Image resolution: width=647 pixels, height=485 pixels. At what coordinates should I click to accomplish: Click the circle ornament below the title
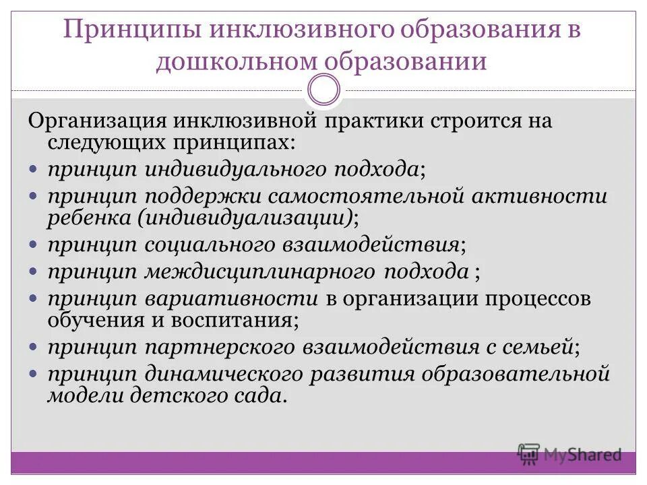coord(323,90)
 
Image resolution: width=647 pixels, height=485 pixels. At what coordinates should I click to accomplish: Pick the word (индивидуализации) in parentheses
coord(246,217)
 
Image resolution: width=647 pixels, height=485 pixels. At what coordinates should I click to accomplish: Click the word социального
coord(207,244)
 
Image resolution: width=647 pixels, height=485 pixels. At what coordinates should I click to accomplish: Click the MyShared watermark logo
coord(569,453)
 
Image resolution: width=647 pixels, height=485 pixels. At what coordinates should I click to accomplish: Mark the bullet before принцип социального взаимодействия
coord(34,244)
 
